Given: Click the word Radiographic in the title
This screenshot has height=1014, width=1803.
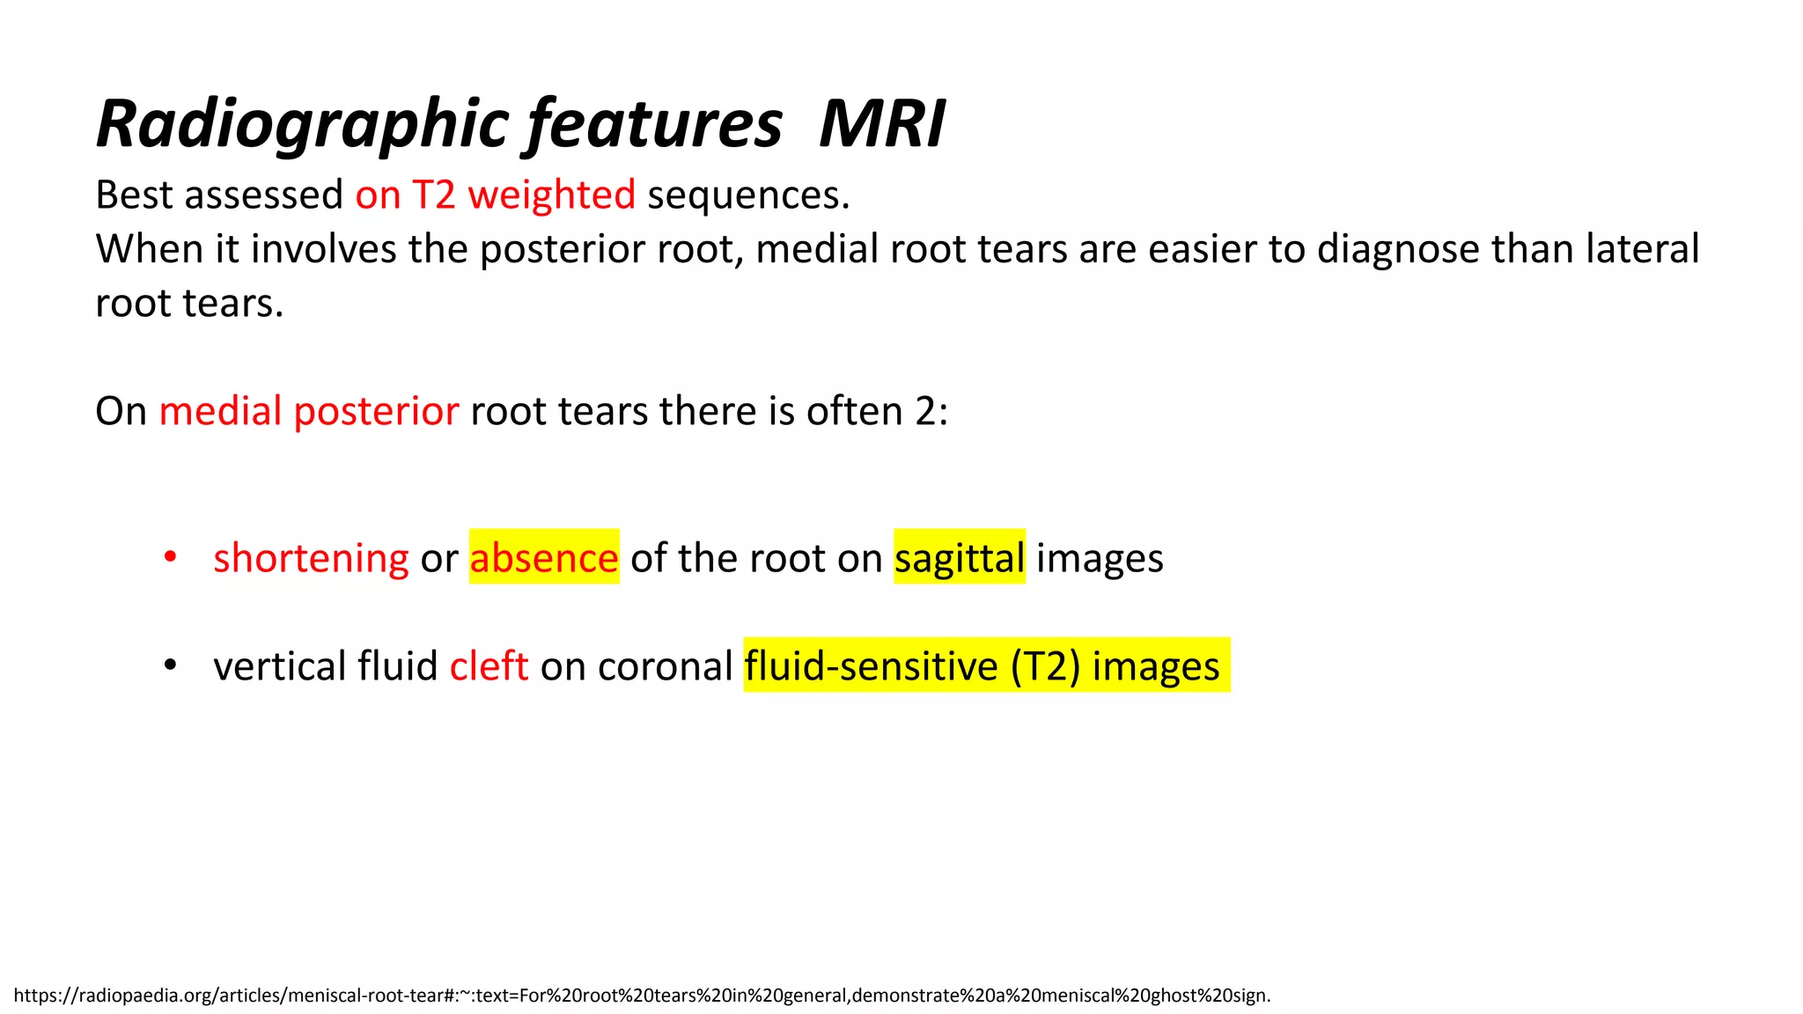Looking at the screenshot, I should tap(303, 124).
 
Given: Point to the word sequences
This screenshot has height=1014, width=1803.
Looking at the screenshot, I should tap(748, 195).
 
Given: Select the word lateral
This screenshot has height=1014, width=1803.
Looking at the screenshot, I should tap(1642, 249).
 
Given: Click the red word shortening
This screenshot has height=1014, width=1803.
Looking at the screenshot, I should tap(311, 558).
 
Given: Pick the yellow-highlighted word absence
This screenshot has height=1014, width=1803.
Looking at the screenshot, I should tap(544, 558).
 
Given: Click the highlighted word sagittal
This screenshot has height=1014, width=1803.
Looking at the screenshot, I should tap(960, 558).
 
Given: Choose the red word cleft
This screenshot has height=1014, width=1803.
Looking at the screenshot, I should tap(489, 666).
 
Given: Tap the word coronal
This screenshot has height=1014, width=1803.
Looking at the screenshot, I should tap(665, 666).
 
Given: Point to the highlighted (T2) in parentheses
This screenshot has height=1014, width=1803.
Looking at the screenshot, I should tap(1045, 666).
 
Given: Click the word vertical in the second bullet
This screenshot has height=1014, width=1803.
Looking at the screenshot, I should tap(280, 666).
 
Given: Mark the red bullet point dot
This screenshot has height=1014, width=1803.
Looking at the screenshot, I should tap(171, 556).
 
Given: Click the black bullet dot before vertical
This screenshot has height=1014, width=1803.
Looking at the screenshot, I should tap(171, 665).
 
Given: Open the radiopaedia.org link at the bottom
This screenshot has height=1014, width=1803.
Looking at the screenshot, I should tap(642, 996).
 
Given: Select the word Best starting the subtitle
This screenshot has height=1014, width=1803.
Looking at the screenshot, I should tap(134, 195).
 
